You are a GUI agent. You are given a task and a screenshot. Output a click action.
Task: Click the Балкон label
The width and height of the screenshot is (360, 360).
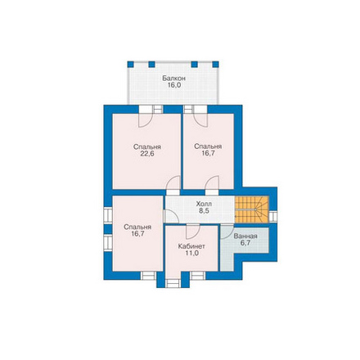[174, 79]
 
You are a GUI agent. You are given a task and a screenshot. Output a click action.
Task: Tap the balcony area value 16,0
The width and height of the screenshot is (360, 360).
[174, 85]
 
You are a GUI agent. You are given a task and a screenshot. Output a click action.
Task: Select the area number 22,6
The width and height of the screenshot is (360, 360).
[147, 154]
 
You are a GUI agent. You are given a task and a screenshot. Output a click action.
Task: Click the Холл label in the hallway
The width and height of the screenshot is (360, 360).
[204, 204]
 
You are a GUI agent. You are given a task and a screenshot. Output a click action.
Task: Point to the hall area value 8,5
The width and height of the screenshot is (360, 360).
[204, 210]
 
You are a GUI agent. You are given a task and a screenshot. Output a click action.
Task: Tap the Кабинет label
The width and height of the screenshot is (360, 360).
[191, 246]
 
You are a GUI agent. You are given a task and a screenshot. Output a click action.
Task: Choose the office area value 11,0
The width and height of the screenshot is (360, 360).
[191, 253]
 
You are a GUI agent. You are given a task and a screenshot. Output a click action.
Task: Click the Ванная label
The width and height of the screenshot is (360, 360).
[245, 236]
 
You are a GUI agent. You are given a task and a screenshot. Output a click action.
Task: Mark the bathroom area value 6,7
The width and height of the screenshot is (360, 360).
[245, 243]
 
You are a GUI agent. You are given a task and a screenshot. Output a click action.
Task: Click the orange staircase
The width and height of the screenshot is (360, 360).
[252, 209]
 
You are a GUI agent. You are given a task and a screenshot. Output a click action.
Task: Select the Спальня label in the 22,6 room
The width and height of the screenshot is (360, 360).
[147, 146]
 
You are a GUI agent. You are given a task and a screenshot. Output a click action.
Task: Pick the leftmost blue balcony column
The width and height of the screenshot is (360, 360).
[130, 65]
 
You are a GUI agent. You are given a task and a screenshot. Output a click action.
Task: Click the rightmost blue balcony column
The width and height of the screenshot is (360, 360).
[215, 65]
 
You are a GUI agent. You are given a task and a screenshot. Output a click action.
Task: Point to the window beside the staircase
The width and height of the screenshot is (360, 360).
[273, 217]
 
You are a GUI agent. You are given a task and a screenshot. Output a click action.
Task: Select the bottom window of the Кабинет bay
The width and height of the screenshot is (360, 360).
[173, 284]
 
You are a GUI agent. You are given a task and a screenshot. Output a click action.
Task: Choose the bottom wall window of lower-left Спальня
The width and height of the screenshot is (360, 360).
[148, 276]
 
